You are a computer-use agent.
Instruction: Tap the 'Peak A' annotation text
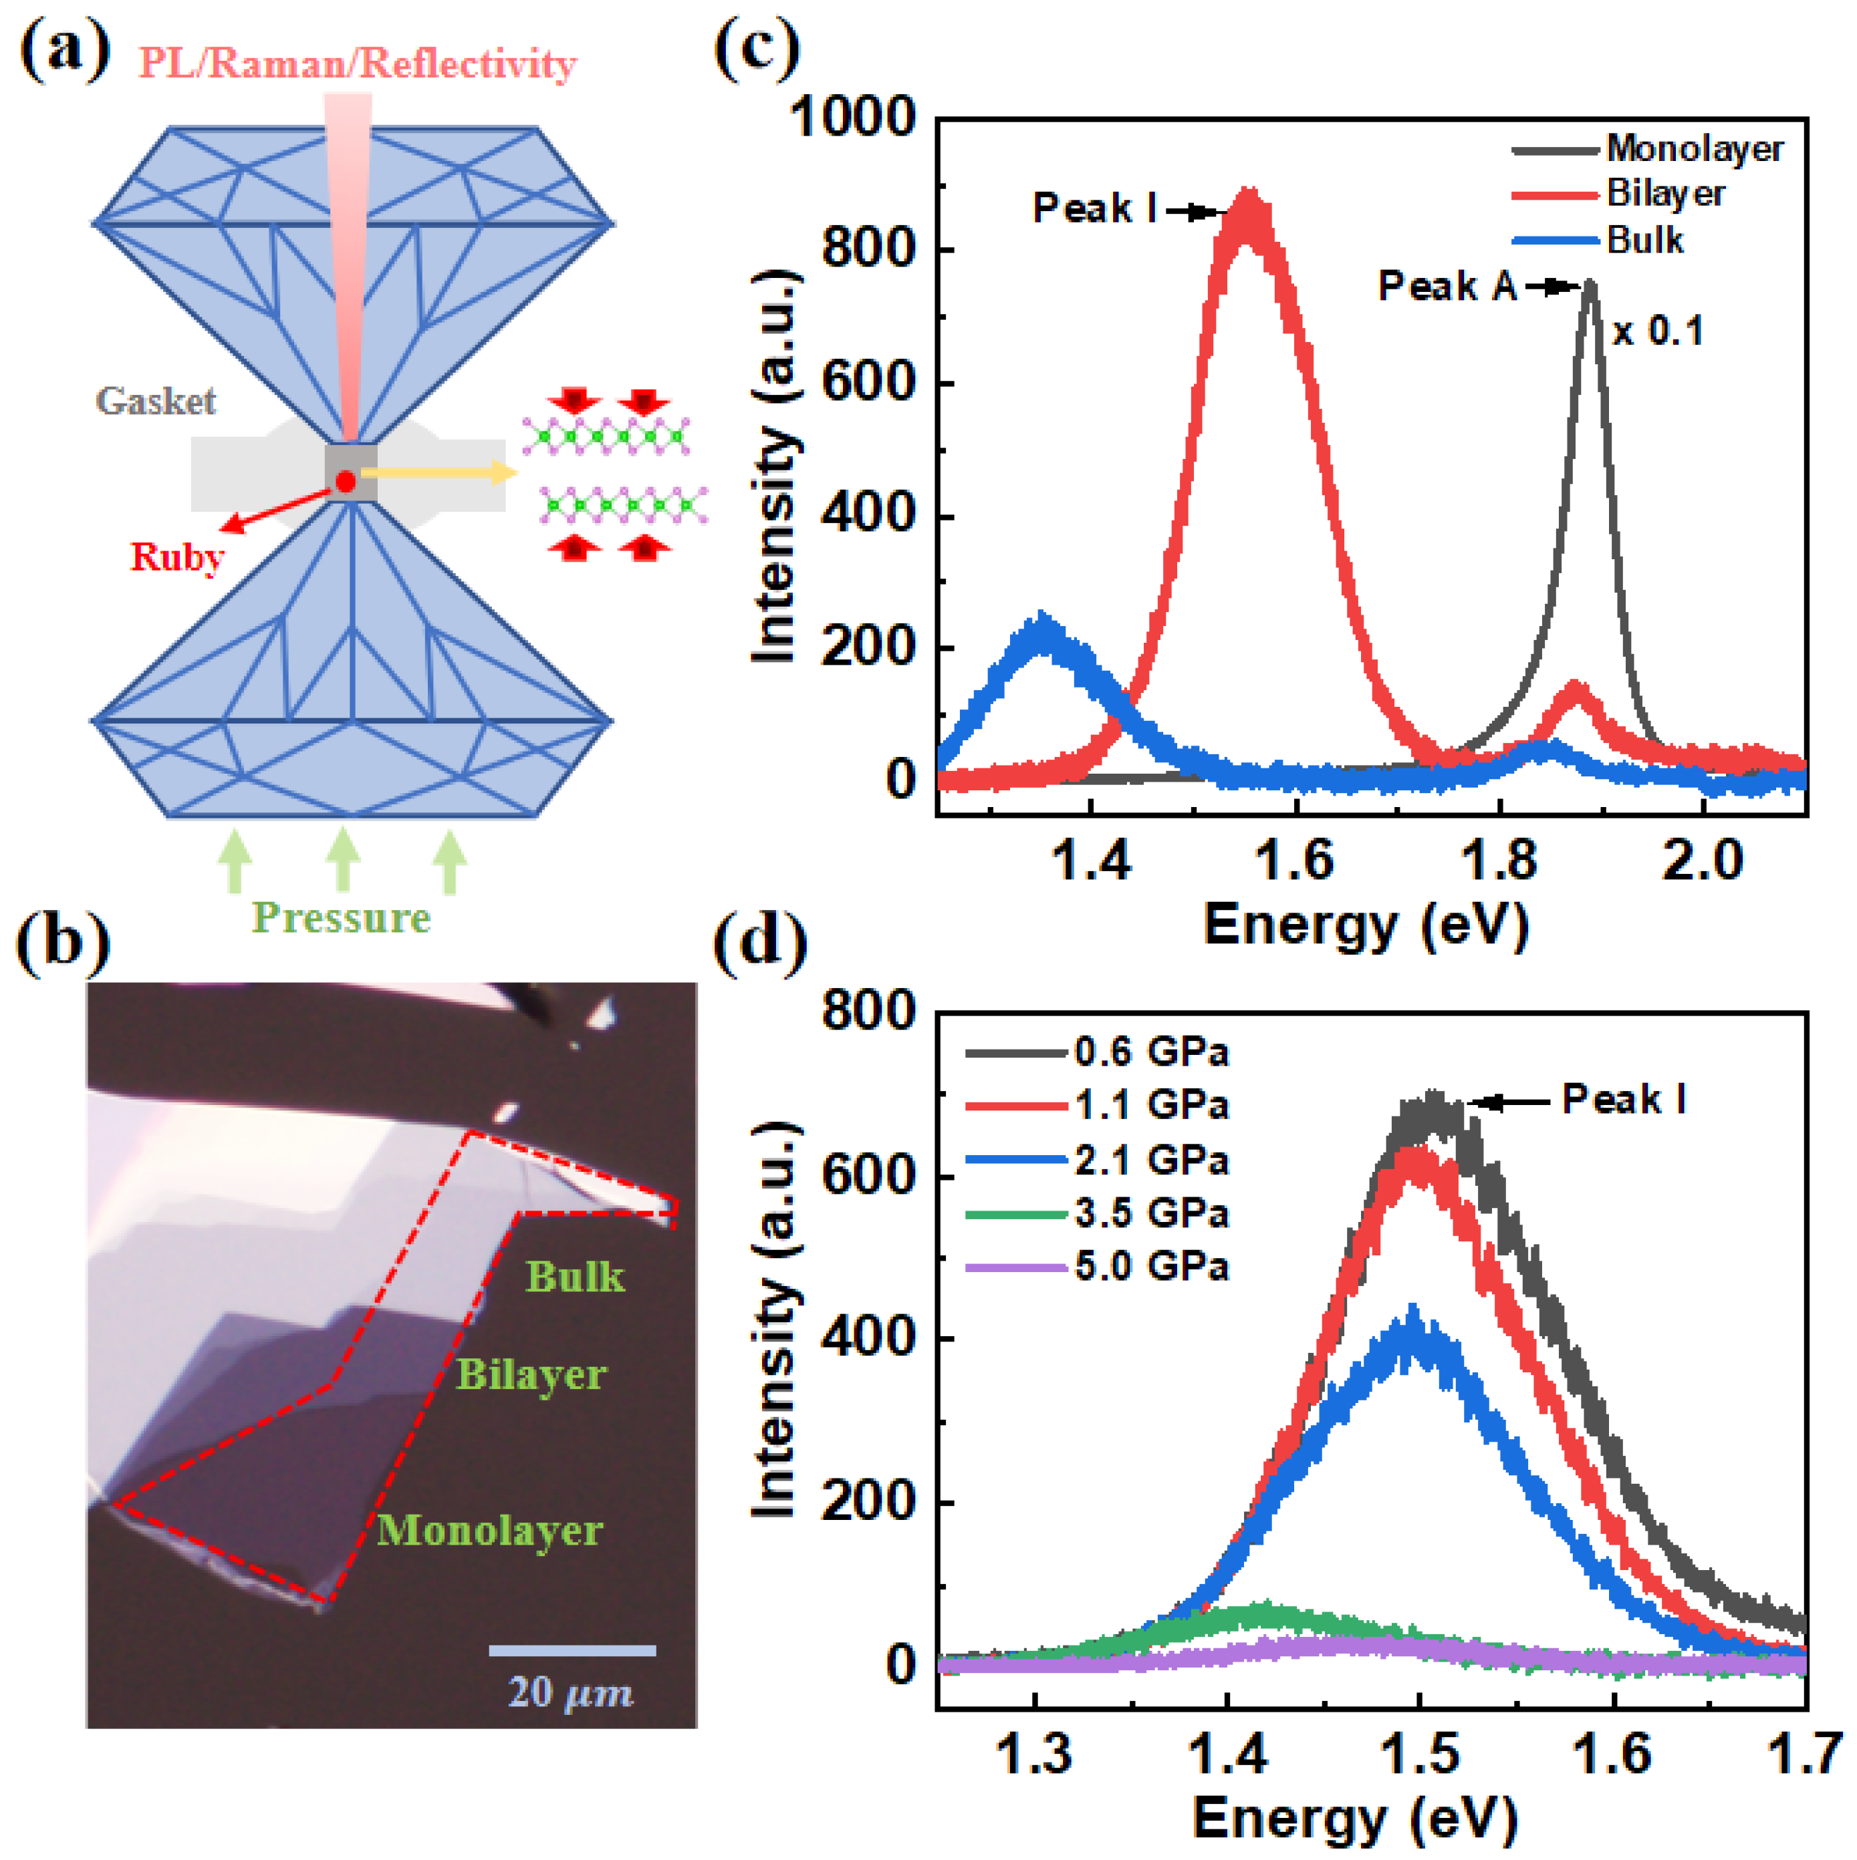click(1447, 286)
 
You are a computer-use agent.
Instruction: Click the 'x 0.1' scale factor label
click(1658, 331)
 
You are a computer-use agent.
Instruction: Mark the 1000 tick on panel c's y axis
click(852, 118)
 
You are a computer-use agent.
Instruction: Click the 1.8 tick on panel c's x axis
click(1499, 860)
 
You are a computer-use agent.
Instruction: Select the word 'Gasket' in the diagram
click(155, 402)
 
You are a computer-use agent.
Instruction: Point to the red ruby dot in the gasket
click(346, 481)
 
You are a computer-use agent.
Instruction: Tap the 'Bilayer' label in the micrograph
click(531, 1375)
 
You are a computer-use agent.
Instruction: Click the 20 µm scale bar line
click(572, 1650)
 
